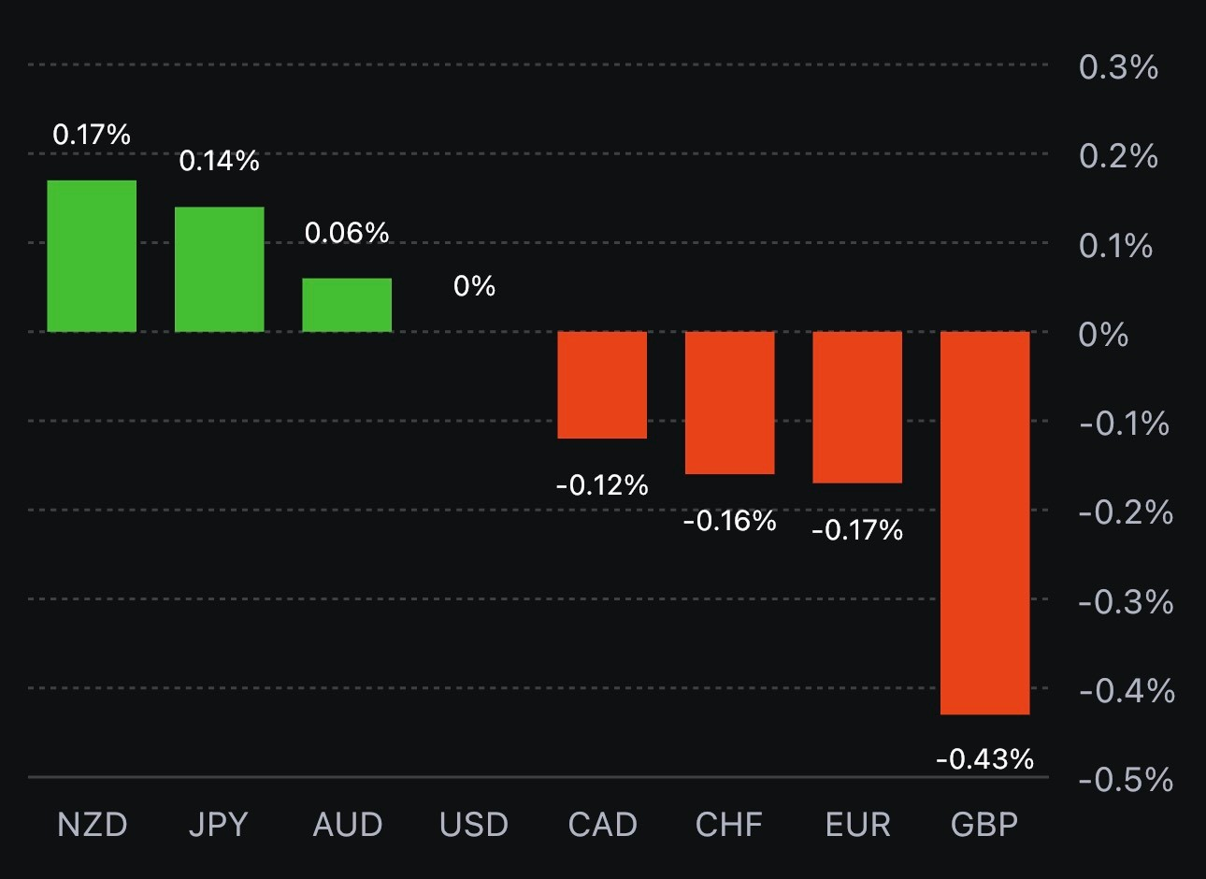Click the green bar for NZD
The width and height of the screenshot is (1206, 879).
(x=92, y=256)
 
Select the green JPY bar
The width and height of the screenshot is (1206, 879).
(x=220, y=269)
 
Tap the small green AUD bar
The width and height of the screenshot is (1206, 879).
(x=347, y=305)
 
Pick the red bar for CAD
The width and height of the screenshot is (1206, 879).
(x=602, y=384)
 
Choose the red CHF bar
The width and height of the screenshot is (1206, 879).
(x=730, y=402)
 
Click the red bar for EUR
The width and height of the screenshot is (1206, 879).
(x=857, y=407)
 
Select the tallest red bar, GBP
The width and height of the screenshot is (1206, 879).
(x=984, y=523)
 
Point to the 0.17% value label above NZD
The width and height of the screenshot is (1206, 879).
(x=92, y=135)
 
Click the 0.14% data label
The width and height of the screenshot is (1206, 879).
(x=219, y=161)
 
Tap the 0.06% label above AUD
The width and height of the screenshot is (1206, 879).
(x=347, y=232)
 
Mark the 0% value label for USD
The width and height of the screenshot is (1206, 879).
(x=474, y=285)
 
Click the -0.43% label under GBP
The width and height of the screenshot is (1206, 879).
(x=984, y=758)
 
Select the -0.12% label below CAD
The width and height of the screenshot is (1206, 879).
(x=602, y=484)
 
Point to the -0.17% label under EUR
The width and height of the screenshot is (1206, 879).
(x=857, y=530)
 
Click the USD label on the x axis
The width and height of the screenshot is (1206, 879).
(x=474, y=825)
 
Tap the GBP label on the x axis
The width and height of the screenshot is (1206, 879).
(x=984, y=825)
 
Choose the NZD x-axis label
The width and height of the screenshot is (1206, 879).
(x=92, y=825)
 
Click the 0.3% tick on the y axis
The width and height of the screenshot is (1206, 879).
(x=1118, y=67)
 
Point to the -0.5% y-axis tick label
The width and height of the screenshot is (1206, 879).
(x=1126, y=779)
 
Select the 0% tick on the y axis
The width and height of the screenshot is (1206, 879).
(x=1103, y=334)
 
